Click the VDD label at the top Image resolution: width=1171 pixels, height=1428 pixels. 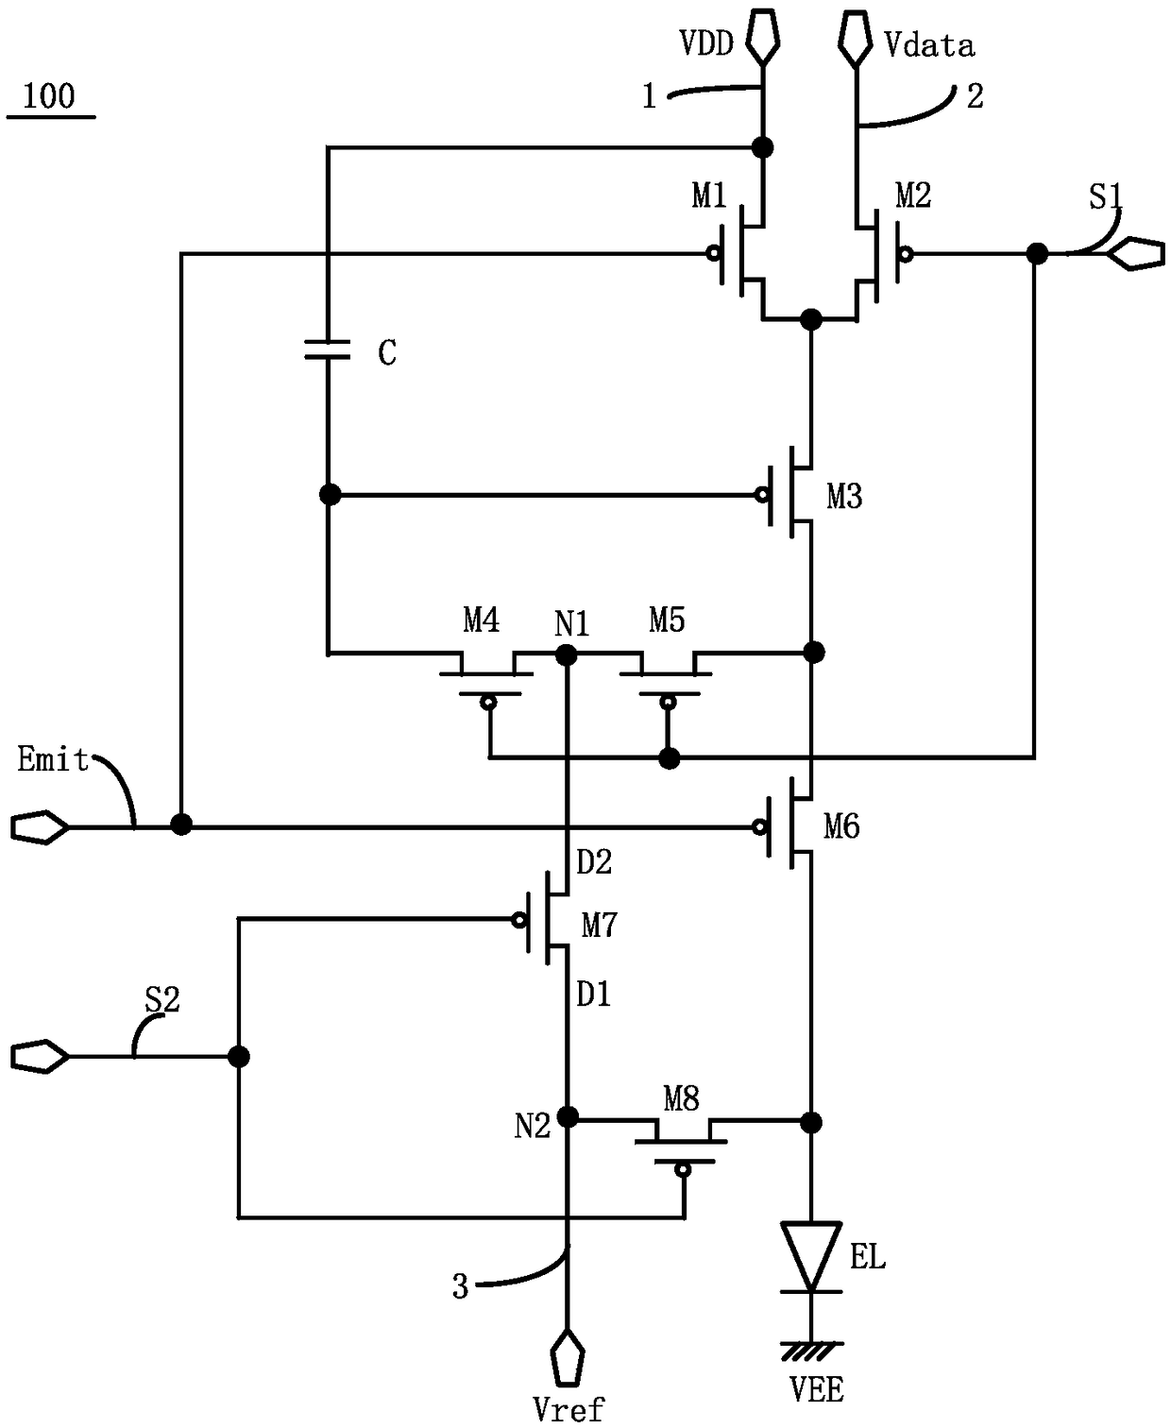(x=706, y=44)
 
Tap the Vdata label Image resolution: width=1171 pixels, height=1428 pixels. (x=928, y=45)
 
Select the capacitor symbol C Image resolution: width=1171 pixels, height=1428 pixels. (x=327, y=349)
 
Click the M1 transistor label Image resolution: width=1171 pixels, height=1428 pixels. (x=708, y=195)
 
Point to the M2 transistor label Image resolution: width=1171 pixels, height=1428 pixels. (x=913, y=195)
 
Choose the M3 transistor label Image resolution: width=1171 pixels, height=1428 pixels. (x=844, y=497)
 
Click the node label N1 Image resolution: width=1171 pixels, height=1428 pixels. (x=572, y=623)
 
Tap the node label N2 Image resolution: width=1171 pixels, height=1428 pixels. (x=532, y=1126)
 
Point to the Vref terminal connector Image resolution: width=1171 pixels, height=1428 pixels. (x=568, y=1357)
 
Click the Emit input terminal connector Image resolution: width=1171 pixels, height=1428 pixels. (x=40, y=826)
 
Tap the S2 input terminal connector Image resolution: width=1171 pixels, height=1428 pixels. (x=40, y=1056)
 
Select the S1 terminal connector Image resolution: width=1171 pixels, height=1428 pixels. (x=1136, y=254)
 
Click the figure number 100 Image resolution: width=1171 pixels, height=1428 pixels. (x=49, y=96)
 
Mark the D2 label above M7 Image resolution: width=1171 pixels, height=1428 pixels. (x=594, y=862)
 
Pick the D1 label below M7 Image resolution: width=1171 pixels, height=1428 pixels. (x=594, y=994)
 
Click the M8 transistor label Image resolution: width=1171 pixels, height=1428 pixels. (x=681, y=1098)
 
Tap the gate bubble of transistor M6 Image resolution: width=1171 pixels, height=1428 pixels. (x=759, y=826)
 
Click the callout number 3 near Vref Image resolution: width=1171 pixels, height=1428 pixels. (x=460, y=1286)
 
